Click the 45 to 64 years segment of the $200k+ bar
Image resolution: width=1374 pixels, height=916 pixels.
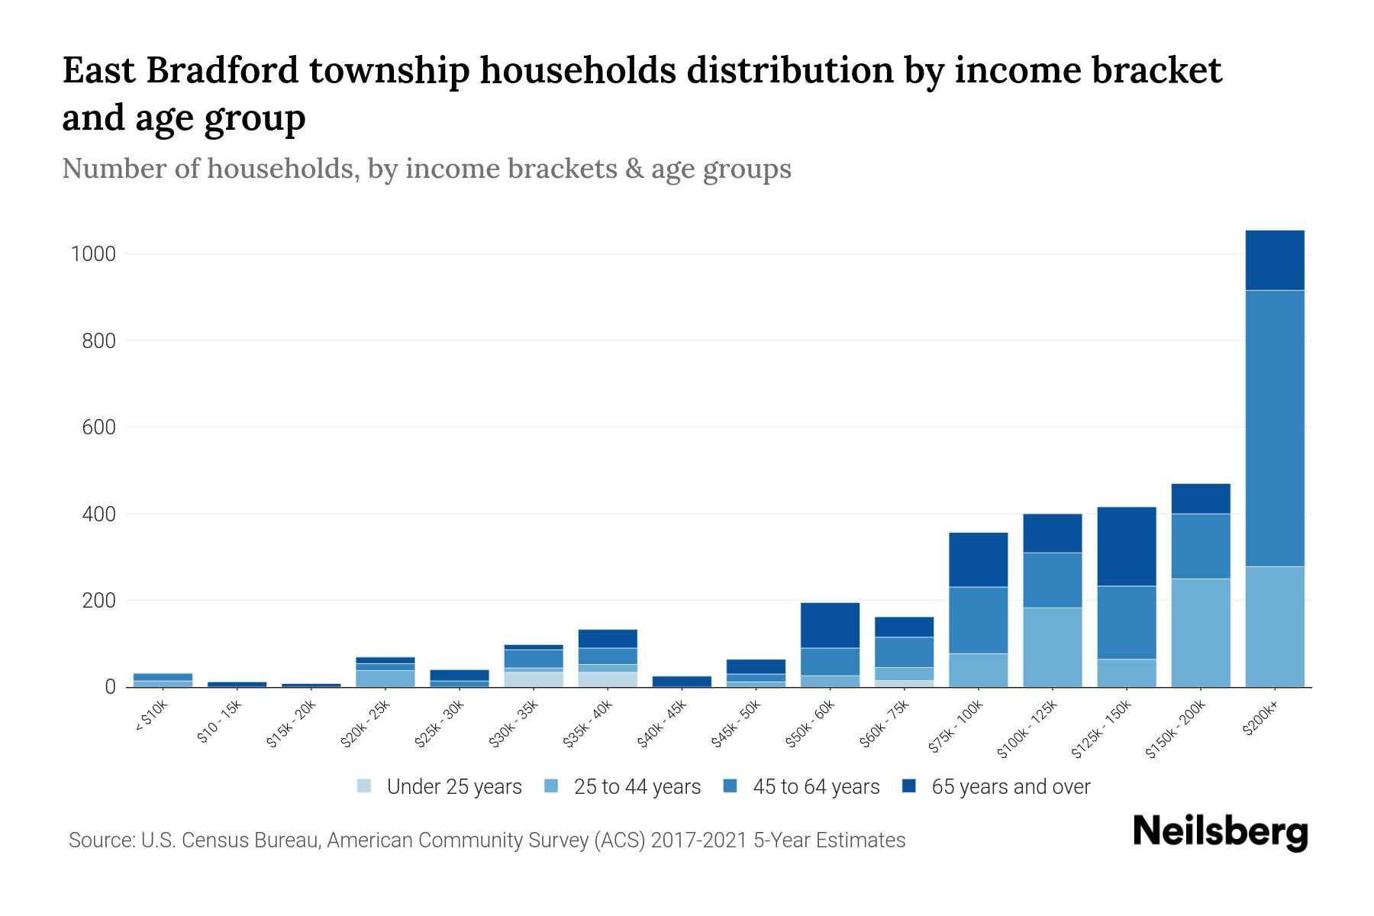(x=1274, y=427)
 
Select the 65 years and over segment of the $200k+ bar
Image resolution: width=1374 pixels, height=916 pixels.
(x=1274, y=260)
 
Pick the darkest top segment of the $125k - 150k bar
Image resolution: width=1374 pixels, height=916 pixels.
(x=1126, y=546)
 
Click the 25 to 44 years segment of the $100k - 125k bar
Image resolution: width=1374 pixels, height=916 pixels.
(x=1052, y=647)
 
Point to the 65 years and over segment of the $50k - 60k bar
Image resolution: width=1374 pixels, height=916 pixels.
(x=830, y=625)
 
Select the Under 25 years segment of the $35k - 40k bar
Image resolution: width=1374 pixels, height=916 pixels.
(x=608, y=679)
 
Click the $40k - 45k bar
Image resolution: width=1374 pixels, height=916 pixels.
(x=682, y=681)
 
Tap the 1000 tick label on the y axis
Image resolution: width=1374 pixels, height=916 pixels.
(x=93, y=254)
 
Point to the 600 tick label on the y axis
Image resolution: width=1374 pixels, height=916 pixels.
(x=98, y=427)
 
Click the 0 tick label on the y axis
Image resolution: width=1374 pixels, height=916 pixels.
(x=110, y=687)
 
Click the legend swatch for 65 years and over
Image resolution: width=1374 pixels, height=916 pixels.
(x=909, y=786)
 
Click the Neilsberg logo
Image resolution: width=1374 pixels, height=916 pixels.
(x=1220, y=832)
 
